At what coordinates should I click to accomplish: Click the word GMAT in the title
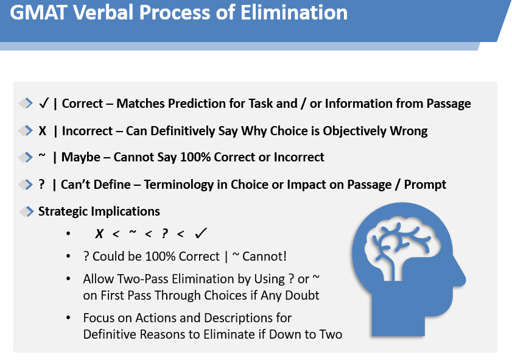pyautogui.click(x=38, y=13)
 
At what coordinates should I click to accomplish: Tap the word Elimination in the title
pyautogui.click(x=294, y=13)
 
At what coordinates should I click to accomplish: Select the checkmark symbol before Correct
pyautogui.click(x=43, y=103)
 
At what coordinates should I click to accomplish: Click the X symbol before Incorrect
pyautogui.click(x=43, y=131)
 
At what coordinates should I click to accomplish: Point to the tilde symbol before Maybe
pyautogui.click(x=42, y=155)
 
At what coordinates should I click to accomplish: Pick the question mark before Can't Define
pyautogui.click(x=41, y=184)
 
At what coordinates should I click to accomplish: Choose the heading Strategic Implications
pyautogui.click(x=99, y=211)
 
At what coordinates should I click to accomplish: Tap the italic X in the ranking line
pyautogui.click(x=99, y=233)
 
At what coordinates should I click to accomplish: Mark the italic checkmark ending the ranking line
pyautogui.click(x=200, y=233)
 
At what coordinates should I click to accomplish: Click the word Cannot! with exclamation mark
pyautogui.click(x=264, y=256)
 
